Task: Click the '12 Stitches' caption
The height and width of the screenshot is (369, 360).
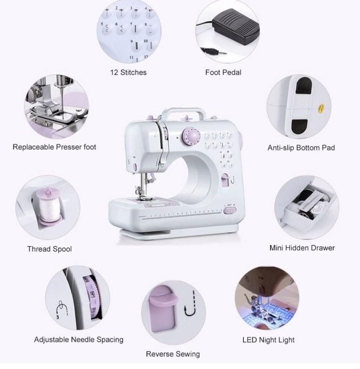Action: coord(128,72)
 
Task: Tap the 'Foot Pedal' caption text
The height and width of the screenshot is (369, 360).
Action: coord(223,72)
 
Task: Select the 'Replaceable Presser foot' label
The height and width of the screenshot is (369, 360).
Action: coord(54,147)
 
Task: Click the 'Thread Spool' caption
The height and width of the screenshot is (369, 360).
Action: coord(50,249)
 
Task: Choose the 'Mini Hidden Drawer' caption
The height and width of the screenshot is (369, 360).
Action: coord(302,248)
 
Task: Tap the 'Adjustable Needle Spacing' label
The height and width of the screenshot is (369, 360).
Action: coord(79,340)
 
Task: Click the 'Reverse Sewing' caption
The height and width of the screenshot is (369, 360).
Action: coord(173,354)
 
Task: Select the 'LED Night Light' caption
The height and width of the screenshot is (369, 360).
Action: coord(268,340)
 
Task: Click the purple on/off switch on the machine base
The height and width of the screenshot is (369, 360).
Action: coord(228,210)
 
